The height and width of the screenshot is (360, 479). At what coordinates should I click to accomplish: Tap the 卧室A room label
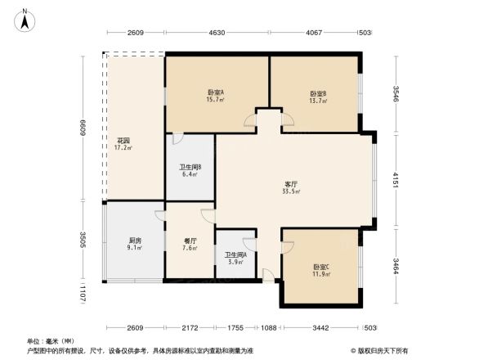(x=216, y=92)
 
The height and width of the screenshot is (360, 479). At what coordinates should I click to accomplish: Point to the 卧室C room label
(x=320, y=267)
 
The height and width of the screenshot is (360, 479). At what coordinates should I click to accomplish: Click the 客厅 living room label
(x=290, y=183)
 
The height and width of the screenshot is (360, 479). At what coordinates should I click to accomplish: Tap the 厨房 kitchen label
(x=136, y=241)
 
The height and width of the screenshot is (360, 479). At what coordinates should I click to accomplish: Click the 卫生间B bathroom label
(x=190, y=169)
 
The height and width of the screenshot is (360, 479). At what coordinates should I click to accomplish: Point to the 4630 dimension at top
(x=216, y=33)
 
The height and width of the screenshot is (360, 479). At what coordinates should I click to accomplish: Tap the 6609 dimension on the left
(x=82, y=127)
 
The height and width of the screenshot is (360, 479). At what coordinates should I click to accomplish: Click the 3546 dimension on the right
(x=395, y=94)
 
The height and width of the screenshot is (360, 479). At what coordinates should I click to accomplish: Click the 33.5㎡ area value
(x=291, y=191)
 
